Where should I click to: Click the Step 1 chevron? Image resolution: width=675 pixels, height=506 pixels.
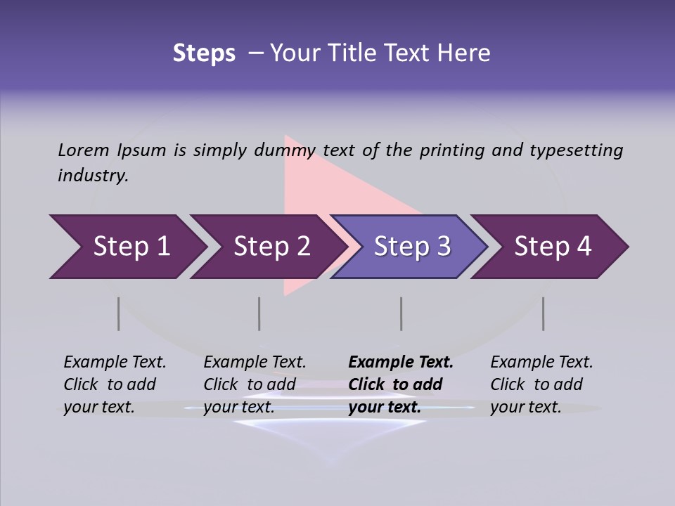[x=131, y=247]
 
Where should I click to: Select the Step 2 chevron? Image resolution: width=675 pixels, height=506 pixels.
[x=272, y=247]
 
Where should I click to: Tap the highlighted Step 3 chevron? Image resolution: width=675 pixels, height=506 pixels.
[x=412, y=247]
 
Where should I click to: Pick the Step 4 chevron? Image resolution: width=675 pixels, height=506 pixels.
[x=553, y=247]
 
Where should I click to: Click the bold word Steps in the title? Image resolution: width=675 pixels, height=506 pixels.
[x=204, y=53]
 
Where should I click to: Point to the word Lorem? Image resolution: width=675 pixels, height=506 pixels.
[x=84, y=150]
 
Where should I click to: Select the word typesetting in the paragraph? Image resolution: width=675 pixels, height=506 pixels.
[x=576, y=150]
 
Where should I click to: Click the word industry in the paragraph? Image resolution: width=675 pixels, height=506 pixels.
[x=93, y=175]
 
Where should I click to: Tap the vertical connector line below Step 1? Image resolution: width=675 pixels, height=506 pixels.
[x=118, y=313]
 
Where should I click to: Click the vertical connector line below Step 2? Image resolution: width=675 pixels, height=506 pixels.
[x=259, y=313]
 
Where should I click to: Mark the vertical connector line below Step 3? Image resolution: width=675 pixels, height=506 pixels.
[x=401, y=313]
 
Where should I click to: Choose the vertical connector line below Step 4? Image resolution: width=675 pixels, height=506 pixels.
[x=543, y=313]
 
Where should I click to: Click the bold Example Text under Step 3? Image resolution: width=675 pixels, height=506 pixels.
[x=401, y=362]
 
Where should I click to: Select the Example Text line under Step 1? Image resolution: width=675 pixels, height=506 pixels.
[x=115, y=362]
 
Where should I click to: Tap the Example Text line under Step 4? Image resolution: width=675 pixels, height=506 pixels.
[x=541, y=362]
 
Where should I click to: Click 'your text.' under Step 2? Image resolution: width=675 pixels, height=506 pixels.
[x=239, y=407]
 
